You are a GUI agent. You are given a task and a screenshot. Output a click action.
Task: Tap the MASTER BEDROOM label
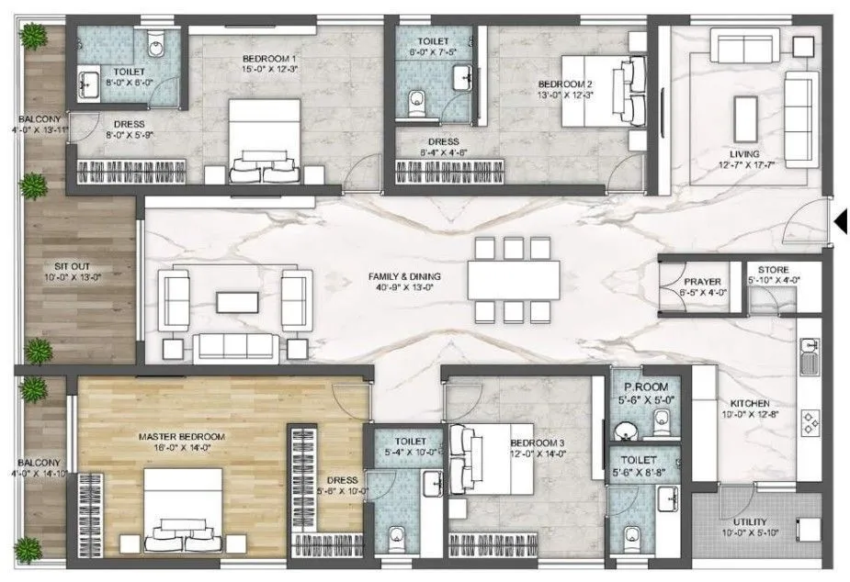click(x=181, y=436)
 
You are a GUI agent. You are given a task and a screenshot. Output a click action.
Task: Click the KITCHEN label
click(x=750, y=404)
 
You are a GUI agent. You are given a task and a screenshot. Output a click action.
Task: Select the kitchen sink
click(x=810, y=355)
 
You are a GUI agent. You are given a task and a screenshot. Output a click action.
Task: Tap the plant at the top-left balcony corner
click(x=35, y=37)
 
